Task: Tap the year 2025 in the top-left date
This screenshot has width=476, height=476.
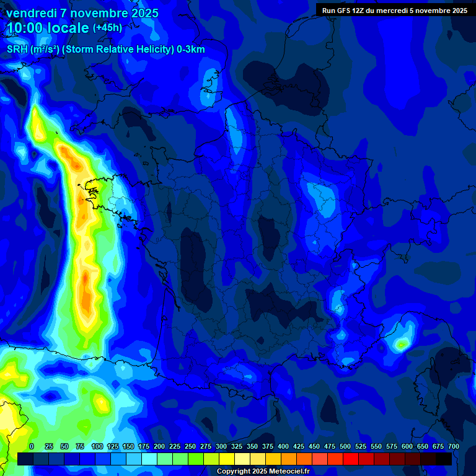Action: [x=142, y=13]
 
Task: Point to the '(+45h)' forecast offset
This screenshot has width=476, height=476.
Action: [x=107, y=28]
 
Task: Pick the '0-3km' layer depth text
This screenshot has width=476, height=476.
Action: [x=191, y=50]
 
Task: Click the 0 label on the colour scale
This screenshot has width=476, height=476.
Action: [x=32, y=446]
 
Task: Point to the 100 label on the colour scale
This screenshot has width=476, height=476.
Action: [x=97, y=446]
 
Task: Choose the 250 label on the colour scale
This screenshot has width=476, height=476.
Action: [x=190, y=446]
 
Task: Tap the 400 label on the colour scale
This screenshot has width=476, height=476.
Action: [x=283, y=446]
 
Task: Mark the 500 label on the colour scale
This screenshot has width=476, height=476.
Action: [x=345, y=446]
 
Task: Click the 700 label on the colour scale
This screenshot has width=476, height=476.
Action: [x=454, y=446]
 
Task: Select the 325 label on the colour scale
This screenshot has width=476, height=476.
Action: [x=237, y=446]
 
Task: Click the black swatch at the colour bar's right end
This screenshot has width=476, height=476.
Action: [x=444, y=459]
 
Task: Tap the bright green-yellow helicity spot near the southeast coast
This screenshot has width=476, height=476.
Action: [x=402, y=343]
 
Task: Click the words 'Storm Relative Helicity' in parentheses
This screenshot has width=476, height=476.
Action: [x=119, y=50]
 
